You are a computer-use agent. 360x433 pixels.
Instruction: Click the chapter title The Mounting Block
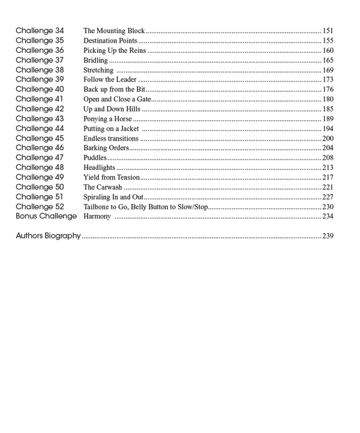tap(114, 31)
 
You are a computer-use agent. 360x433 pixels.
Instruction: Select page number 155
tap(328, 41)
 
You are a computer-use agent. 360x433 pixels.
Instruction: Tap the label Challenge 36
tap(40, 50)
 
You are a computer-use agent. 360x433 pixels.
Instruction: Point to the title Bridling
tap(95, 60)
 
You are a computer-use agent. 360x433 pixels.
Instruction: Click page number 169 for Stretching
tap(328, 70)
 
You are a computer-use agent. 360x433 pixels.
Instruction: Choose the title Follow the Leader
tap(110, 80)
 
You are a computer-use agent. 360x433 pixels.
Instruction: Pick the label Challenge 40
tap(40, 89)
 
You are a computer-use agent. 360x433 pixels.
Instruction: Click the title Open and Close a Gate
tap(117, 99)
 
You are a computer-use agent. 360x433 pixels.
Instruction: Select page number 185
tap(328, 109)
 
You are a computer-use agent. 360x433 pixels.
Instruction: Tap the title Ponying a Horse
tap(107, 119)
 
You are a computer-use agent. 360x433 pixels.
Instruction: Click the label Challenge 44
tap(40, 129)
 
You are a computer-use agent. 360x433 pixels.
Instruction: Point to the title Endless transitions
tap(111, 139)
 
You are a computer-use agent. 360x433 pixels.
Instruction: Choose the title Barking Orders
tap(106, 148)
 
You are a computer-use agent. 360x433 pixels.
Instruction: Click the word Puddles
tap(95, 158)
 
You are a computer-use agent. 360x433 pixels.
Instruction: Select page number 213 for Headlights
tap(328, 168)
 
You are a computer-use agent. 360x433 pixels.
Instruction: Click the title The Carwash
tap(103, 187)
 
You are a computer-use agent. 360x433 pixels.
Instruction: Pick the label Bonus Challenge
tap(46, 216)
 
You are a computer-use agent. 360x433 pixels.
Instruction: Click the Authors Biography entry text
tap(48, 236)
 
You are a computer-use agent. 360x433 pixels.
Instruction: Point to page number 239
tap(328, 236)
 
